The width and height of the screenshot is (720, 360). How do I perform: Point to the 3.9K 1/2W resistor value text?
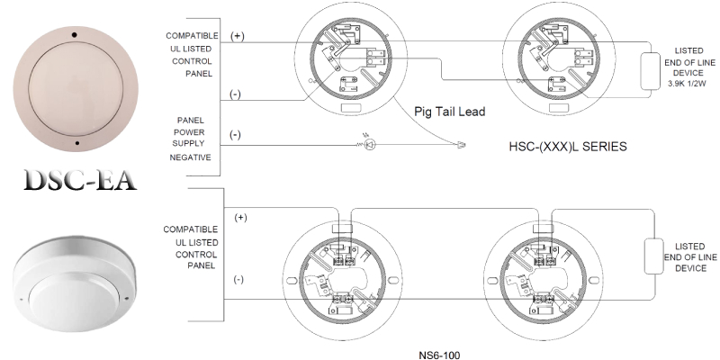tap(688, 82)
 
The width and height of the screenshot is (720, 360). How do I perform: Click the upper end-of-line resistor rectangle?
tap(647, 70)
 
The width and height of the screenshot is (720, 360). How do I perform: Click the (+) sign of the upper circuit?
tap(238, 36)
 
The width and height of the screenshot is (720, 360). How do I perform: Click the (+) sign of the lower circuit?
tap(240, 218)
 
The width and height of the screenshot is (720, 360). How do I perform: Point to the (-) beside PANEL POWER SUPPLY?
tap(235, 134)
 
